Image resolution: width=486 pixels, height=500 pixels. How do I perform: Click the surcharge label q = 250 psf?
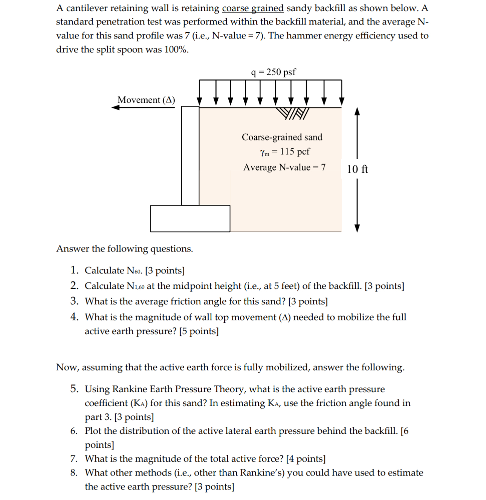point(274,72)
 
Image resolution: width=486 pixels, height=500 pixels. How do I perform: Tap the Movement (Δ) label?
point(146,100)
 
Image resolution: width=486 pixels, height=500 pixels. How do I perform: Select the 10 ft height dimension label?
point(357,169)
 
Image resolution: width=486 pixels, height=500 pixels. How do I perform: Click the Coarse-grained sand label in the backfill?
point(282,137)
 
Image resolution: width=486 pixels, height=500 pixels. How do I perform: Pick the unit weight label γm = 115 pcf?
point(284,151)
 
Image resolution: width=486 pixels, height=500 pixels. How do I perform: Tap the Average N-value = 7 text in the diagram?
point(284,167)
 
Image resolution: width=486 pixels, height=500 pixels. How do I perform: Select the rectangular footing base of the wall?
point(190,218)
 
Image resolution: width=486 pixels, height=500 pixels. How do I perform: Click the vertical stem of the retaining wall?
point(190,155)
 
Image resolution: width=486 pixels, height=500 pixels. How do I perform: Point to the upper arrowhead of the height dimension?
point(358,111)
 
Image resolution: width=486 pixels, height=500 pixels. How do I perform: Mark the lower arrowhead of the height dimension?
point(358,228)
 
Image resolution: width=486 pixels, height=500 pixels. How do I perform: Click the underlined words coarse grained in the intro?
point(252,8)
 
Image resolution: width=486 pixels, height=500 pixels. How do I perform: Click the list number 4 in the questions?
point(74,317)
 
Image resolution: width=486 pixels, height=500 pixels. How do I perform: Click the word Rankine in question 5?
point(130,389)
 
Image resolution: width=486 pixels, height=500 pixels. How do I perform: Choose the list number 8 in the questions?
point(74,473)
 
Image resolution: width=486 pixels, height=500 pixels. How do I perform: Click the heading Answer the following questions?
point(124,249)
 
